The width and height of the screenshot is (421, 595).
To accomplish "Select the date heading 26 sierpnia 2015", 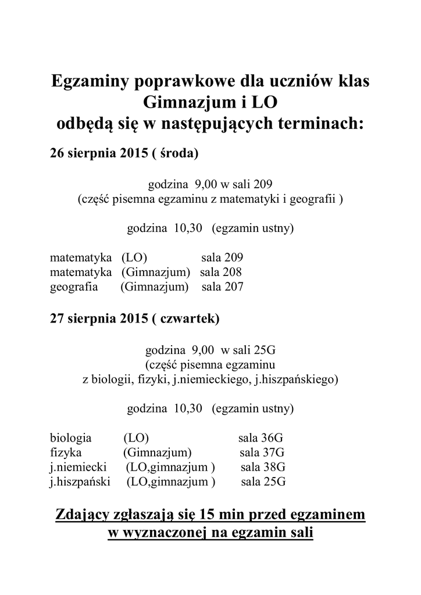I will point(99,154).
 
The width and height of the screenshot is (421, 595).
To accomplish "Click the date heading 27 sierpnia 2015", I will point(99,318).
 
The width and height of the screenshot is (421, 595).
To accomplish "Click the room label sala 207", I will point(222,286).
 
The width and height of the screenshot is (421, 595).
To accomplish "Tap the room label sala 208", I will point(221,272).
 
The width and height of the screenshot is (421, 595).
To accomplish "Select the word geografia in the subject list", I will point(74,286).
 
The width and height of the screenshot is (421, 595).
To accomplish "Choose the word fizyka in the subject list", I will point(66,452).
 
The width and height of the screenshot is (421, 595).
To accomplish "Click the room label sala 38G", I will point(263,467).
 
